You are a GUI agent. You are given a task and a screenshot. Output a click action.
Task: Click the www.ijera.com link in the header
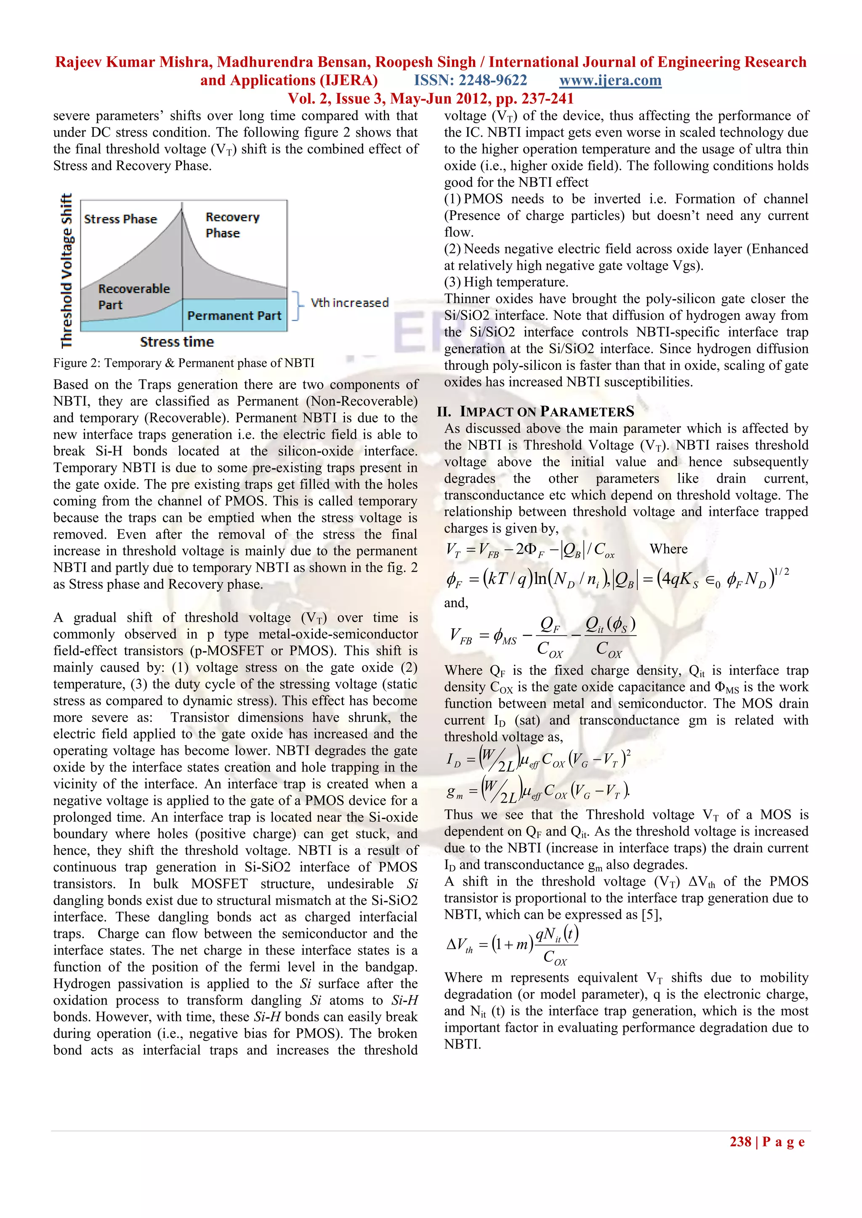pos(610,81)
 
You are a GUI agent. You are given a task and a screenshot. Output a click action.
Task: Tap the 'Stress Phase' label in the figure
pos(120,219)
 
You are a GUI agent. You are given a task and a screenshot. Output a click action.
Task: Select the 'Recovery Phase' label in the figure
pos(232,225)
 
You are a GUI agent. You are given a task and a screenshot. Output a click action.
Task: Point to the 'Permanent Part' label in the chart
pos(234,316)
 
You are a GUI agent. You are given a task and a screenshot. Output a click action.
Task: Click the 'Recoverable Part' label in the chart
pos(134,297)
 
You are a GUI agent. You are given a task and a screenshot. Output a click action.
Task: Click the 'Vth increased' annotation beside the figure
pos(349,303)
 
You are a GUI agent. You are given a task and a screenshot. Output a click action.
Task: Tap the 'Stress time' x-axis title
pos(177,342)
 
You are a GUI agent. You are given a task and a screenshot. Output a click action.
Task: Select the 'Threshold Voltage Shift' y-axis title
pos(67,271)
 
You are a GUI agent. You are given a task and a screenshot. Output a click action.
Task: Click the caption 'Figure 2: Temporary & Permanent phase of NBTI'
pos(184,363)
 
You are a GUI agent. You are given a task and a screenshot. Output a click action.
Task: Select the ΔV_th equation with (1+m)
pos(513,945)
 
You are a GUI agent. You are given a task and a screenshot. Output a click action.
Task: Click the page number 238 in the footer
pos(740,1141)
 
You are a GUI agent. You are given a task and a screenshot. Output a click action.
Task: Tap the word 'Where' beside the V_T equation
pos(668,549)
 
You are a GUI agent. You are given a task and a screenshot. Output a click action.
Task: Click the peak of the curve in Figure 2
pos(182,207)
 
